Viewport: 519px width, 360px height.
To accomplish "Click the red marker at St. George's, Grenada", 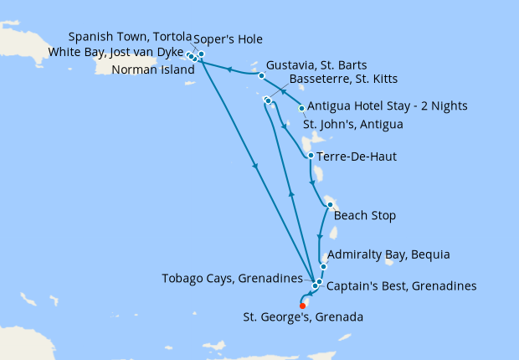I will point(303,306).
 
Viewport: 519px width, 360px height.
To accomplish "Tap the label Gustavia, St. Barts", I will point(315,65).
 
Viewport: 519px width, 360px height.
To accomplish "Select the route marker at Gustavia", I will point(262,75).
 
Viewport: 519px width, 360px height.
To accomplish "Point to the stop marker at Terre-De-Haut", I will point(311,156).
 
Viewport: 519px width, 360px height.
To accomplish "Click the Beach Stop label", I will point(364,216).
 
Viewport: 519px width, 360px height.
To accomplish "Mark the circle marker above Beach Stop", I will point(331,205).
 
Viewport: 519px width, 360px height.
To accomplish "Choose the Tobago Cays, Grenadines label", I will point(233,277).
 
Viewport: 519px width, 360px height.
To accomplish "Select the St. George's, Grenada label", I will point(303,317).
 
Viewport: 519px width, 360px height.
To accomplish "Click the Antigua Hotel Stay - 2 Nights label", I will point(387,106).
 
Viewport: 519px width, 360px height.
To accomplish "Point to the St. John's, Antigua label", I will point(352,125).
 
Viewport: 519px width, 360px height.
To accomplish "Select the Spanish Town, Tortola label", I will point(130,37).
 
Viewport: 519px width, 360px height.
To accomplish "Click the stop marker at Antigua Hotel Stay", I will point(301,108).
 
